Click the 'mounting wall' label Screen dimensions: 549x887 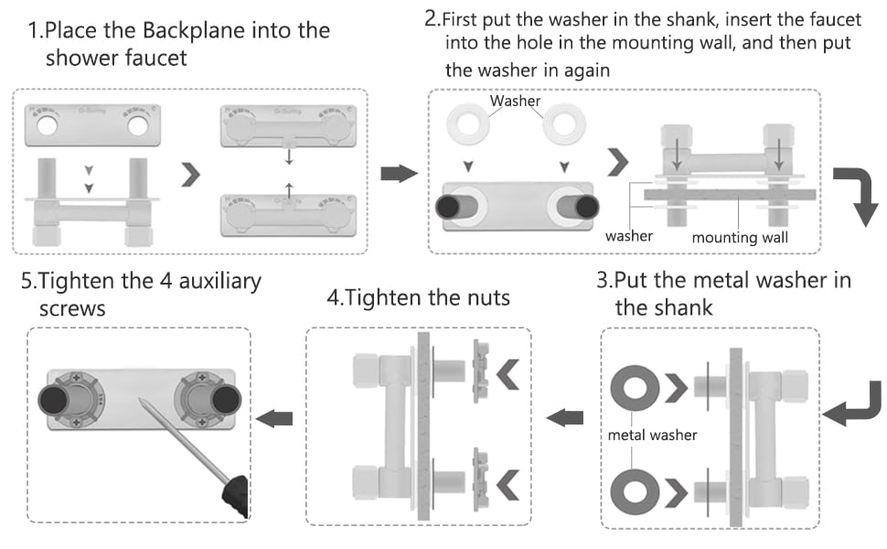pyautogui.click(x=738, y=238)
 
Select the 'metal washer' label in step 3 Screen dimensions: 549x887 pyautogui.click(x=652, y=435)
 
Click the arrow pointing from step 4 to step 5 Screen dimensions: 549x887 pyautogui.click(x=275, y=418)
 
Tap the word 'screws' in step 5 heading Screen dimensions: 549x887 pyautogui.click(x=72, y=308)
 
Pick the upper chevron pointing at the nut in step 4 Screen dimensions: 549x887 pyautogui.click(x=509, y=372)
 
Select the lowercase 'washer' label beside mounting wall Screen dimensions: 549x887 pyautogui.click(x=629, y=236)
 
